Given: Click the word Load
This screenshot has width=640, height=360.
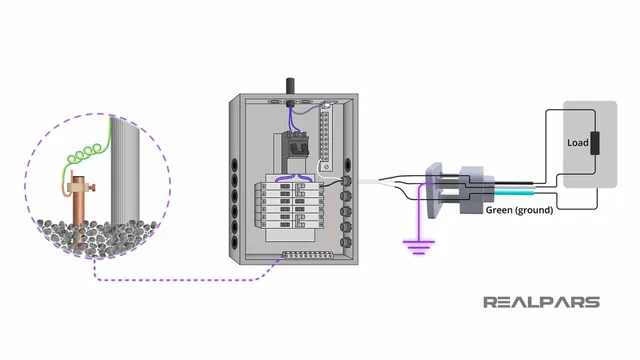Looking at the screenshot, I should pos(578,143).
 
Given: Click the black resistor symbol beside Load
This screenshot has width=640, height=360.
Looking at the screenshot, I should pos(596,143).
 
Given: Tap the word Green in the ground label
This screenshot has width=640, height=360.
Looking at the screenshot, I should pos(503,212).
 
